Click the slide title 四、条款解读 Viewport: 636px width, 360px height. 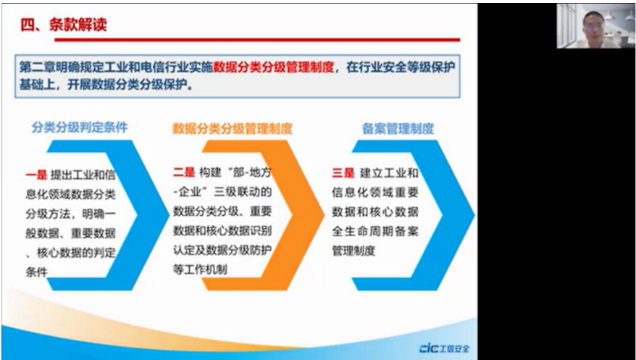(64, 25)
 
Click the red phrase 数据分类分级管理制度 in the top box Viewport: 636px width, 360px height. (274, 67)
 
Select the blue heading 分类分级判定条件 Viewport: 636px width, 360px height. (80, 127)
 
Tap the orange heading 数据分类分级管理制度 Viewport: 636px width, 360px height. (233, 129)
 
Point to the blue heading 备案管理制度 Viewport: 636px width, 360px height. (398, 129)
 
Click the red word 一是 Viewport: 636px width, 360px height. (36, 175)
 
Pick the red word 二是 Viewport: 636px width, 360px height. (184, 172)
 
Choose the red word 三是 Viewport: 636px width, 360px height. (343, 173)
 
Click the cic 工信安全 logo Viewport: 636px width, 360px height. (444, 348)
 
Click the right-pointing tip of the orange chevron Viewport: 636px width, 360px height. (324, 215)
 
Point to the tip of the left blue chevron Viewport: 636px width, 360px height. (169, 215)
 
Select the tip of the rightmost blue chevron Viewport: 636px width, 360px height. (474, 215)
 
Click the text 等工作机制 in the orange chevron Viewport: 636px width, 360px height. (200, 269)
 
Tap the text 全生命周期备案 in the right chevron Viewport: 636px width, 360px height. (375, 232)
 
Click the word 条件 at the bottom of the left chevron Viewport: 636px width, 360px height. (36, 272)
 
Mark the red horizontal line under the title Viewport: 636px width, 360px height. (257, 40)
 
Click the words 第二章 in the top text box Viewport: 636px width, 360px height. (37, 67)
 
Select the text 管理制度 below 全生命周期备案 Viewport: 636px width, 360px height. (353, 251)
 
